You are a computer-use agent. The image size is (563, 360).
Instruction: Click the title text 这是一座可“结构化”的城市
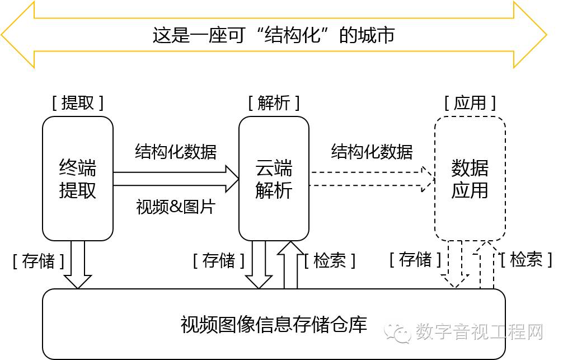pyautogui.click(x=274, y=35)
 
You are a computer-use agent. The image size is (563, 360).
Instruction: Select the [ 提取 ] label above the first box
pyautogui.click(x=78, y=102)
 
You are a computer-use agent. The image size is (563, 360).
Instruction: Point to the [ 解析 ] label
pyautogui.click(x=274, y=102)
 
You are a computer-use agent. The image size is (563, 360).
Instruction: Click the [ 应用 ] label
pyautogui.click(x=470, y=102)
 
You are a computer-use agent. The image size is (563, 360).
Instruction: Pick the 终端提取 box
pyautogui.click(x=78, y=179)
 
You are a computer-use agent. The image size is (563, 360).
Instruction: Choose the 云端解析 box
pyautogui.click(x=274, y=179)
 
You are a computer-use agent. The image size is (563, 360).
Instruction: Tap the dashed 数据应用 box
pyautogui.click(x=470, y=179)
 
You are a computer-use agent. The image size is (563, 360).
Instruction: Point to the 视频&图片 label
pyautogui.click(x=176, y=207)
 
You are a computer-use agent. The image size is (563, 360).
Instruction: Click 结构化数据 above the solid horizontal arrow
pyautogui.click(x=176, y=151)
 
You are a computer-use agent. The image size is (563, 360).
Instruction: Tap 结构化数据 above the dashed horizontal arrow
pyautogui.click(x=372, y=151)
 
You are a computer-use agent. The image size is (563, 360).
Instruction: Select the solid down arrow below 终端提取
pyautogui.click(x=78, y=265)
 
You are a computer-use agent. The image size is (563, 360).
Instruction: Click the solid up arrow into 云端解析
pyautogui.click(x=290, y=265)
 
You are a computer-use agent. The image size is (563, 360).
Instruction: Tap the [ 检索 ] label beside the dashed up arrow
pyautogui.click(x=526, y=259)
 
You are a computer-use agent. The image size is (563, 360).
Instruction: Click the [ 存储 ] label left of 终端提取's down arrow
pyautogui.click(x=38, y=261)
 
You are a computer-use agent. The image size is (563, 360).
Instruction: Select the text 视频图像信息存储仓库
pyautogui.click(x=274, y=325)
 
